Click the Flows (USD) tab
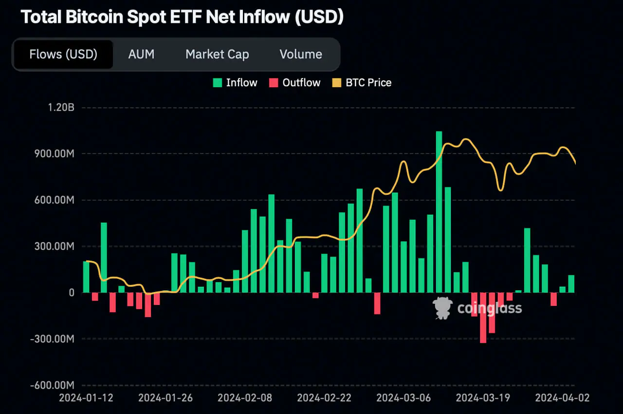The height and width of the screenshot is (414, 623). click(63, 54)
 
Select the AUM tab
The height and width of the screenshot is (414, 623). click(141, 54)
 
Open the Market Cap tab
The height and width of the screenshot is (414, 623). click(217, 54)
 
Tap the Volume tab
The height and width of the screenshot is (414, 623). click(301, 54)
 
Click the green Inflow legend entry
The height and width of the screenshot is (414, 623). click(235, 83)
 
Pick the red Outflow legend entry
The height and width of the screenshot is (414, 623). click(294, 83)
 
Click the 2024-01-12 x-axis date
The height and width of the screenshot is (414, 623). click(86, 398)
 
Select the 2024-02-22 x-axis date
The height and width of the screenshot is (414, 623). click(324, 398)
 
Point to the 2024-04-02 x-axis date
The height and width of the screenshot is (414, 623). click(562, 398)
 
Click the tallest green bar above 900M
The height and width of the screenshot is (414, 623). click(439, 212)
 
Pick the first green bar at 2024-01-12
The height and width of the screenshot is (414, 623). click(86, 277)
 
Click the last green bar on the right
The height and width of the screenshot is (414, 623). click(571, 284)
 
